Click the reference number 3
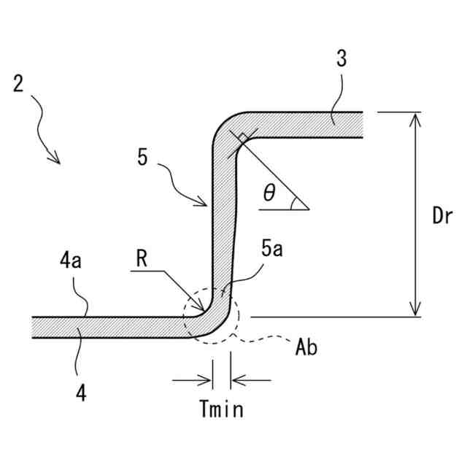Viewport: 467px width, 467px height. click(x=342, y=61)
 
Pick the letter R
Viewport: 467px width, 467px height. click(x=143, y=257)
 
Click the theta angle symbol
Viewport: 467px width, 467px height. click(x=269, y=193)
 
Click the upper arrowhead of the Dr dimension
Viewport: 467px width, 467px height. click(x=415, y=117)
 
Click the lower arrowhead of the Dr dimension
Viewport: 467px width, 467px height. click(x=415, y=312)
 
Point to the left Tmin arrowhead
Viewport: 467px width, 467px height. click(x=207, y=379)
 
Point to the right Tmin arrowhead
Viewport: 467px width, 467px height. click(x=236, y=379)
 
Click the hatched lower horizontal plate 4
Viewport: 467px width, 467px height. click(x=109, y=327)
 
